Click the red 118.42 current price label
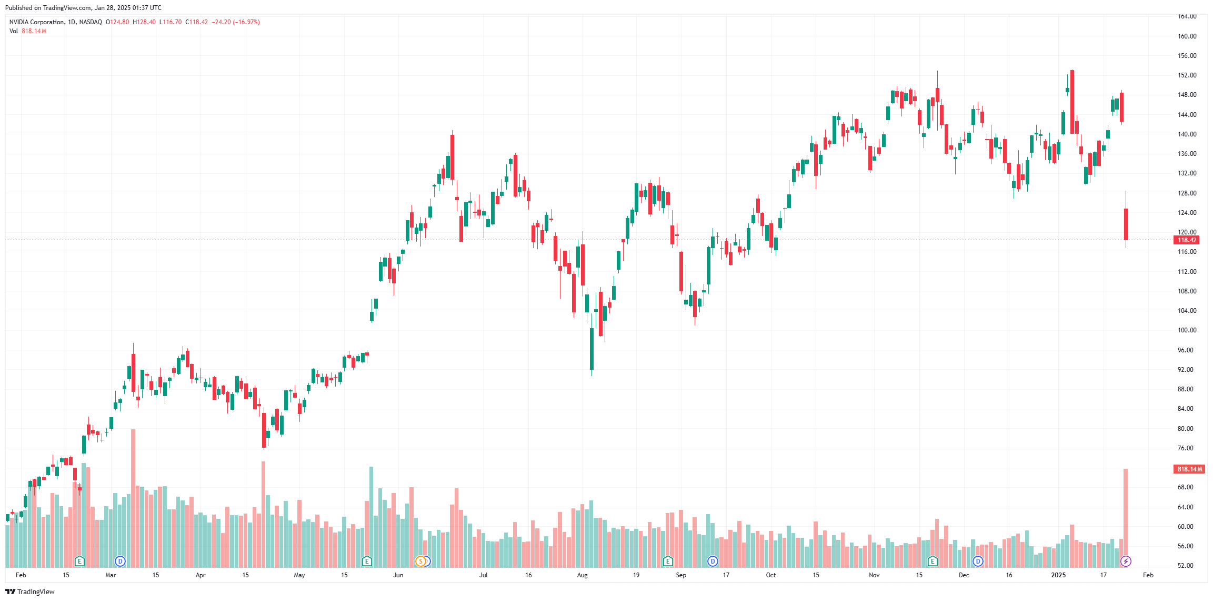coord(1187,240)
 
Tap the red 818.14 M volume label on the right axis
coord(1189,469)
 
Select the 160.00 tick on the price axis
coord(1187,36)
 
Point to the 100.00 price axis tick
coord(1187,330)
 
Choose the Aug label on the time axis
coord(582,575)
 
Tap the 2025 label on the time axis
coord(1058,575)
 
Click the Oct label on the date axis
coord(771,575)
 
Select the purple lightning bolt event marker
coord(1126,561)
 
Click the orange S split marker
coord(420,561)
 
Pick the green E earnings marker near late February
coord(79,561)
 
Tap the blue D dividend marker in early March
coord(120,561)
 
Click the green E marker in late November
coord(933,561)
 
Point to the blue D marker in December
coord(978,561)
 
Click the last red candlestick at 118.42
coord(1126,224)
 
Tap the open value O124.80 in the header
coord(117,22)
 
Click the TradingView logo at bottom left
coord(30,592)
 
